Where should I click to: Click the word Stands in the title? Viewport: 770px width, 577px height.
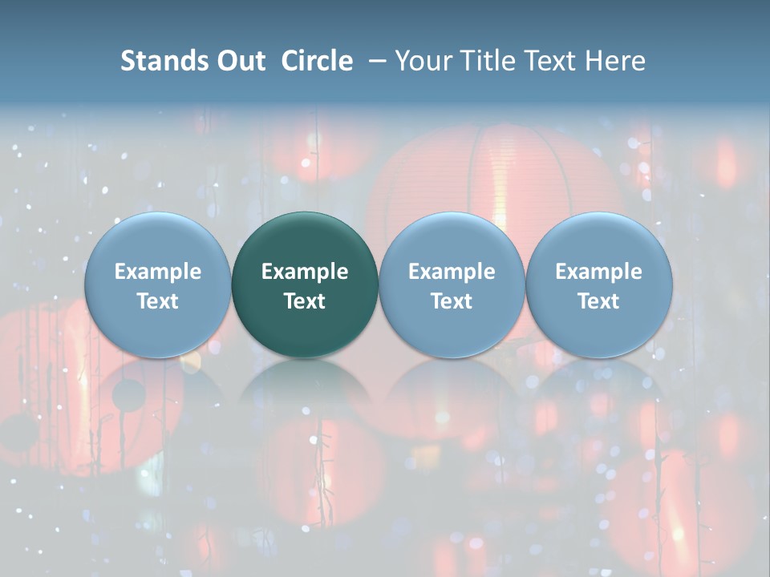point(165,61)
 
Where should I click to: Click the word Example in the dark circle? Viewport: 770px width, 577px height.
point(305,272)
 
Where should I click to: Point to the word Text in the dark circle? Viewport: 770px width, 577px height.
point(305,301)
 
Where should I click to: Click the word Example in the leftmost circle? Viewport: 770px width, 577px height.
point(157,272)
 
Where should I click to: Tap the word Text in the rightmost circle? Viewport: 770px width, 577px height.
point(598,301)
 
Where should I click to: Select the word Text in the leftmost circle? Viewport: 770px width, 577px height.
point(157,301)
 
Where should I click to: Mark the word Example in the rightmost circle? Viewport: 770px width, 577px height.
point(598,272)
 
